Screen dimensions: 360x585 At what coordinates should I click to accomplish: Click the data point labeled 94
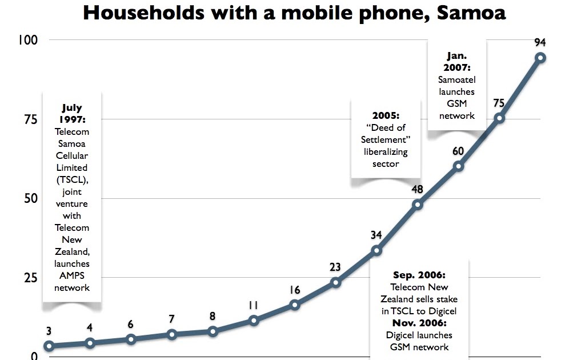click(x=540, y=58)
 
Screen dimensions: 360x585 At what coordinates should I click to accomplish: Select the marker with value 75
click(x=499, y=118)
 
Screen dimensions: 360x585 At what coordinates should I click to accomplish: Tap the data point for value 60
click(x=458, y=166)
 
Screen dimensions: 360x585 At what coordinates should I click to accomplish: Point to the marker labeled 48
click(x=417, y=205)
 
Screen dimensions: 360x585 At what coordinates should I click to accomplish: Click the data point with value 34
click(x=376, y=250)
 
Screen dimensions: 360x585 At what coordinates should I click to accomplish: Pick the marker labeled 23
click(x=335, y=282)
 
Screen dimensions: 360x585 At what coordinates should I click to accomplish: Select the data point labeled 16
click(x=295, y=305)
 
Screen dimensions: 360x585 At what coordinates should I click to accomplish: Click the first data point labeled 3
click(x=49, y=346)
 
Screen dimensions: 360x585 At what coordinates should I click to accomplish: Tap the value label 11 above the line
click(x=253, y=306)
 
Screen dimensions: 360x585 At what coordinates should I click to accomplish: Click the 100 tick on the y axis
click(x=27, y=40)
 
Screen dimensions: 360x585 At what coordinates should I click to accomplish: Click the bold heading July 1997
click(x=72, y=113)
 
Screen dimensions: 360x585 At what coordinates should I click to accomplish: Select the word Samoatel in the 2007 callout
click(x=456, y=80)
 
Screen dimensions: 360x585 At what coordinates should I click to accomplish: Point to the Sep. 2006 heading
click(x=419, y=275)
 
